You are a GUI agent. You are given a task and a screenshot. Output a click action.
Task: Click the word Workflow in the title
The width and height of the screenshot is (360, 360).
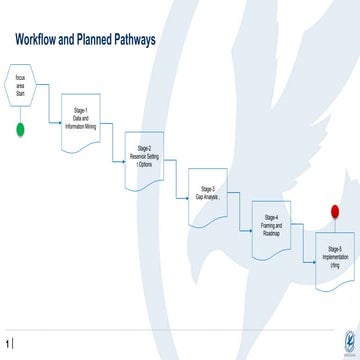[39, 40]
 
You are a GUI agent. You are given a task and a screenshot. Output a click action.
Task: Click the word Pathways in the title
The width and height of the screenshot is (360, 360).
[131, 40]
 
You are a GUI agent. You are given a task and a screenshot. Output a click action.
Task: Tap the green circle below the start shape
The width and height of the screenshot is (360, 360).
[21, 130]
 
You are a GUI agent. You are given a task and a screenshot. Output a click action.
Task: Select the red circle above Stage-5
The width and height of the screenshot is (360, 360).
[334, 211]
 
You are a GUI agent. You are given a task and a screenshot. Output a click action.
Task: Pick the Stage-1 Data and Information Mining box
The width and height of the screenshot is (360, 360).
[81, 118]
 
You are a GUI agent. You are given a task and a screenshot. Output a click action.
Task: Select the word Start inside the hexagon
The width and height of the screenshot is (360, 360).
[21, 93]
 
